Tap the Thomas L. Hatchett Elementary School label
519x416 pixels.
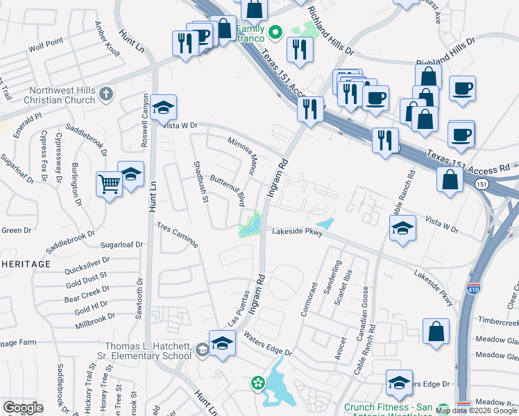coord(147,351)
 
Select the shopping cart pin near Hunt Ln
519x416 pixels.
coord(109,184)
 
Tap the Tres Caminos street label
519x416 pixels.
coord(177,235)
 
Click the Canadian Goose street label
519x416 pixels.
coord(363,304)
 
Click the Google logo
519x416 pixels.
coord(22,408)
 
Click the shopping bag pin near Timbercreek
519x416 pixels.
coord(437,331)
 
